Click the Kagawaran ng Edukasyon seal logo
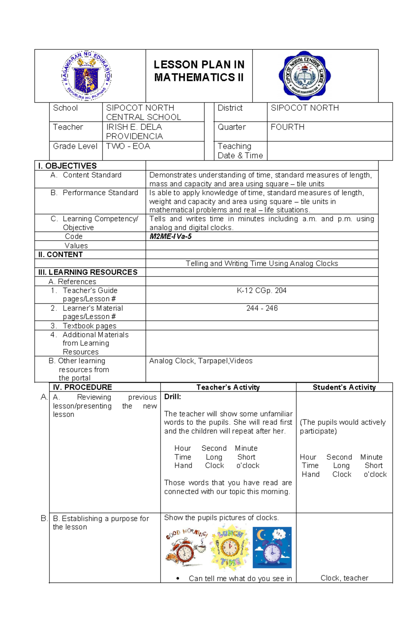[x=87, y=76]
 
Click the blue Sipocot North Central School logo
[x=305, y=76]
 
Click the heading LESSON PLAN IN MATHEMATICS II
[x=199, y=71]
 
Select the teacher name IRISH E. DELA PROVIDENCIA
[x=134, y=131]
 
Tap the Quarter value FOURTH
[x=287, y=127]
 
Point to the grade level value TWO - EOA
[x=128, y=146]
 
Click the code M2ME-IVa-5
[x=170, y=236]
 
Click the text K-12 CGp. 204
[x=262, y=290]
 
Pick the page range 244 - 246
[x=262, y=308]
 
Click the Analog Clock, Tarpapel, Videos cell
[x=201, y=361]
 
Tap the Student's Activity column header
[x=344, y=387]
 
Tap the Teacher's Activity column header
[x=228, y=387]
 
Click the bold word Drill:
[x=172, y=397]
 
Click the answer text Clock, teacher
[x=344, y=578]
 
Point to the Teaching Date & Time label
[x=240, y=151]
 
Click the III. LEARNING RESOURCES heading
[x=88, y=272]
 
